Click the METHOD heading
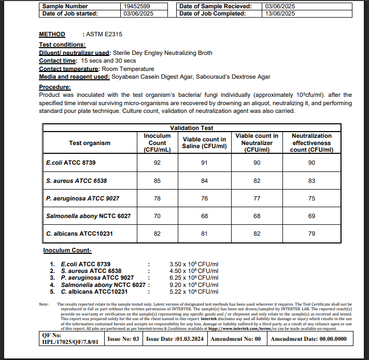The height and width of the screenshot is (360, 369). pos(52,35)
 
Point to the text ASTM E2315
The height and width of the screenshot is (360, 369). pos(103,35)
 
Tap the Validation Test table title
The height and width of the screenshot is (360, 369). pos(191,127)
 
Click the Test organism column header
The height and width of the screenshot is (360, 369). pos(90,143)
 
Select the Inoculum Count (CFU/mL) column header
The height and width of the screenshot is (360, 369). pos(157,143)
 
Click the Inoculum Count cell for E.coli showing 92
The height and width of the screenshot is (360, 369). pos(157,163)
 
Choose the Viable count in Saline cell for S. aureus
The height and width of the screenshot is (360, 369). pos(204,181)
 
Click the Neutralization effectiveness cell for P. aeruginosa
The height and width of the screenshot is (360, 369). pos(311,198)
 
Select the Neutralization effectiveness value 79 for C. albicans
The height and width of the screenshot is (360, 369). pos(311,234)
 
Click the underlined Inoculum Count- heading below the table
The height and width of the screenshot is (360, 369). pos(67,251)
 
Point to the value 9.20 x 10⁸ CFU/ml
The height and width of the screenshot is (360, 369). pos(194,284)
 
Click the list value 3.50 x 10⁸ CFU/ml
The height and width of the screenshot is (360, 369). pos(194,264)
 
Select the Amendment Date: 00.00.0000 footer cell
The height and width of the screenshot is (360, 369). pos(308,339)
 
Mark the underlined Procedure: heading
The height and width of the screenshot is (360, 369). pos(55,87)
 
